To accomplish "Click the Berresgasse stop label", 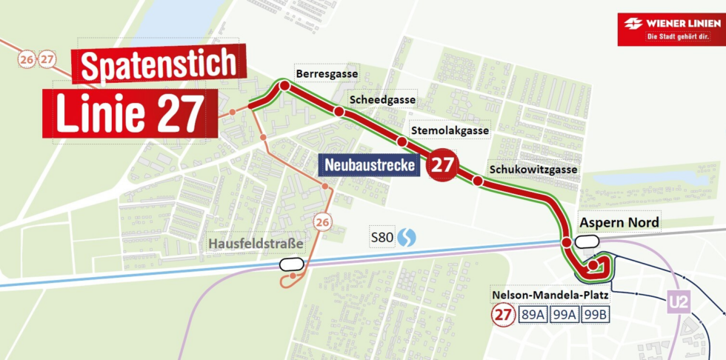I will (x=327, y=74).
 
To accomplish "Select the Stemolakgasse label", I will (x=451, y=130).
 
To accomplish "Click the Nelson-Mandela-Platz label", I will (x=550, y=296).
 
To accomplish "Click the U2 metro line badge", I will (x=678, y=302).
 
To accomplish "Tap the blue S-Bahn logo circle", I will (x=407, y=238).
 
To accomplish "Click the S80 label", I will (x=382, y=238).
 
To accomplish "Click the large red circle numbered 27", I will (x=442, y=164).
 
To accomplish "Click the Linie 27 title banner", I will (x=130, y=113).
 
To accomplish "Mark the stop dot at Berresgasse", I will (x=284, y=87).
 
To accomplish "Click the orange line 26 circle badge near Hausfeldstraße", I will (x=322, y=222).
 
